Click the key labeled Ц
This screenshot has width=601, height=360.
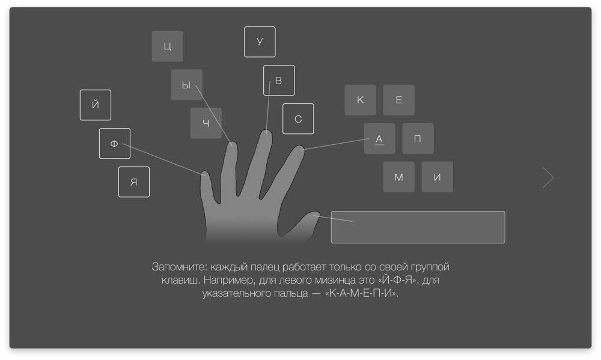(168, 46)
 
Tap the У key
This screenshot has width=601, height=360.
(260, 42)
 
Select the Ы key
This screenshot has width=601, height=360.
(187, 85)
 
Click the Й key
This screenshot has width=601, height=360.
(96, 105)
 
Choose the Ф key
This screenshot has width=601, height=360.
(115, 144)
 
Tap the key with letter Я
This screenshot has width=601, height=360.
(134, 182)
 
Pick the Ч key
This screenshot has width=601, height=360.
(206, 123)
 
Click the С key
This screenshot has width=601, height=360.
(298, 119)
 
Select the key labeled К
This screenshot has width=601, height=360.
(360, 100)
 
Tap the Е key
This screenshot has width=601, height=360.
(398, 100)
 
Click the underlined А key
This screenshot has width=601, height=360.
(379, 138)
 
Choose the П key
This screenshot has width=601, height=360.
(418, 138)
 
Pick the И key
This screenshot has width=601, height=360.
(438, 177)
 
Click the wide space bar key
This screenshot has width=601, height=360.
(418, 227)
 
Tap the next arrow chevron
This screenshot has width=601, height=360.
(548, 177)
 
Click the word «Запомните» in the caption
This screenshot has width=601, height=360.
(179, 267)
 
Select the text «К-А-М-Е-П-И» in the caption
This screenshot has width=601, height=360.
(361, 293)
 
